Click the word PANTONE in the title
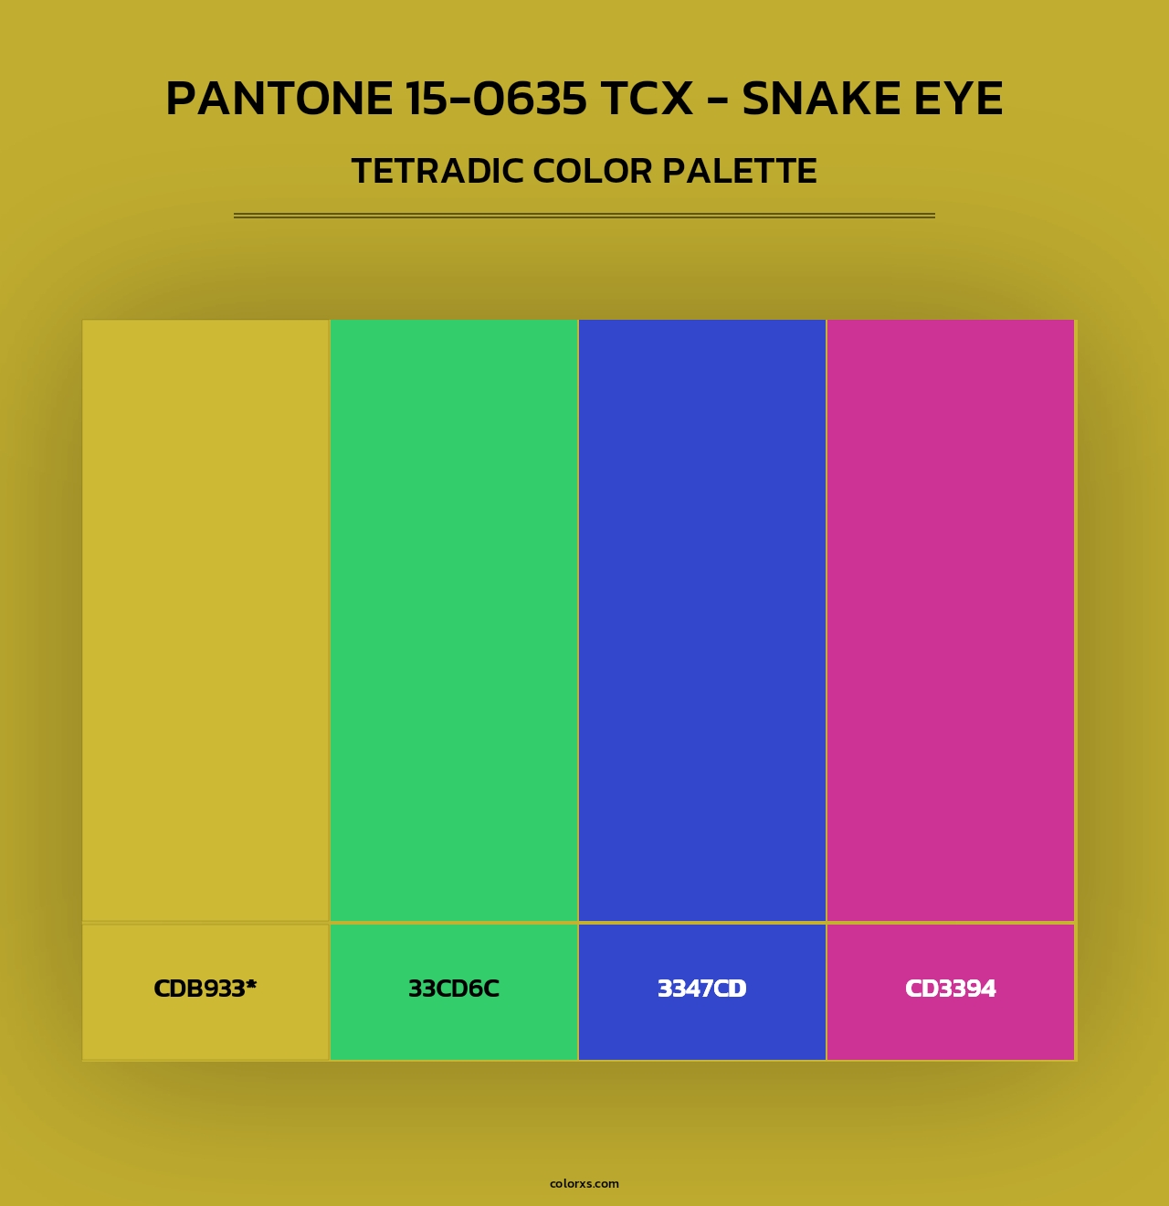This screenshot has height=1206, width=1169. click(279, 99)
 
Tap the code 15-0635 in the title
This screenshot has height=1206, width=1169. click(496, 99)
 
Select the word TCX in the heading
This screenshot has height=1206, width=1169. click(648, 99)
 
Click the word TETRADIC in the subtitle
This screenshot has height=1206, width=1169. click(437, 172)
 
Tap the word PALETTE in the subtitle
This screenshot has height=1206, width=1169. click(740, 172)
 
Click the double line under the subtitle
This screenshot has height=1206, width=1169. click(584, 216)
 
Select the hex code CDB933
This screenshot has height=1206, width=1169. click(199, 989)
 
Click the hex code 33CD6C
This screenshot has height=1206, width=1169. click(454, 989)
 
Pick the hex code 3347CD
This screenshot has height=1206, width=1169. click(702, 989)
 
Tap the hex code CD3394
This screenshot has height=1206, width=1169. click(951, 989)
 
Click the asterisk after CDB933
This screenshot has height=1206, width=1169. click(251, 984)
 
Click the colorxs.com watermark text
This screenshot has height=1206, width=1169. click(584, 1183)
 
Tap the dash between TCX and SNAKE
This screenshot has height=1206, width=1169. click(718, 100)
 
